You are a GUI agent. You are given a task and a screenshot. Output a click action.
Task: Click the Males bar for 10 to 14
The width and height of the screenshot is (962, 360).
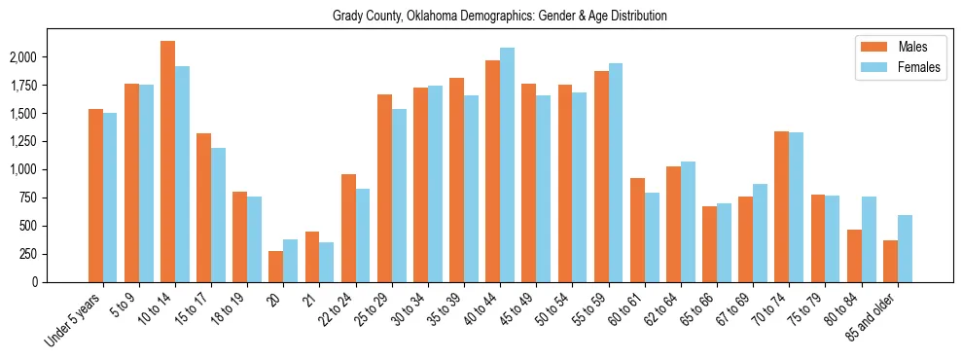(x=167, y=162)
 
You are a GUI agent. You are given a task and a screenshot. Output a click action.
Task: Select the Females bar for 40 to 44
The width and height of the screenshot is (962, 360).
(x=507, y=164)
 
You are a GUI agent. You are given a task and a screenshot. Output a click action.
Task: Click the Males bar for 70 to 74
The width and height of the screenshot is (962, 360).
(x=781, y=206)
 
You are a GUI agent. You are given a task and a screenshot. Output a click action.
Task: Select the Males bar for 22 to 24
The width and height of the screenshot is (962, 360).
(x=348, y=228)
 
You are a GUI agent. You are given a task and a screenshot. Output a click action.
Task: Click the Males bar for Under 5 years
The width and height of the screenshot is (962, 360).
(x=95, y=196)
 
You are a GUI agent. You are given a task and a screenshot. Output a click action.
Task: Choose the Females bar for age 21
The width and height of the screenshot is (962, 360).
(x=327, y=262)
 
